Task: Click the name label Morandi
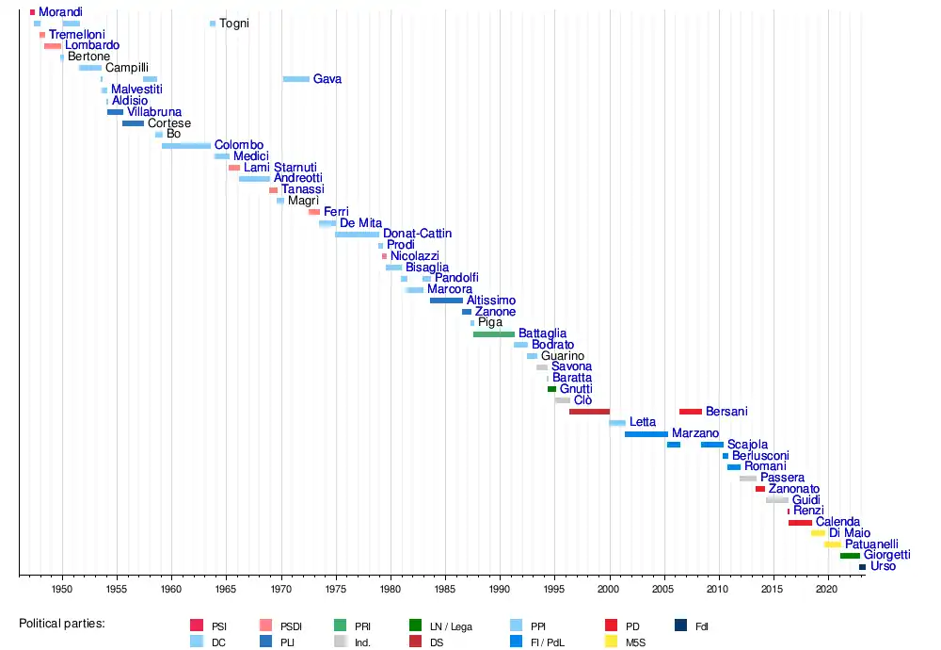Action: click(x=60, y=12)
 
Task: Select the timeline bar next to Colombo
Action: click(x=186, y=146)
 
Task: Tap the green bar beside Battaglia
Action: click(x=494, y=334)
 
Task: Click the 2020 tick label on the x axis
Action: click(x=827, y=589)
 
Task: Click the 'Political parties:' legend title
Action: click(x=62, y=624)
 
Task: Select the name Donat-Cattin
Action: click(x=417, y=234)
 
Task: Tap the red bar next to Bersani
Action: click(x=691, y=412)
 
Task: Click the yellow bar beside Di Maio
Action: click(x=818, y=533)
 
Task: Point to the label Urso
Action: click(x=883, y=566)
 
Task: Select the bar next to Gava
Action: click(x=296, y=79)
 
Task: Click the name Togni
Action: click(x=233, y=24)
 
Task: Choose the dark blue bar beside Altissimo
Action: click(x=446, y=301)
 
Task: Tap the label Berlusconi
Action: click(x=760, y=456)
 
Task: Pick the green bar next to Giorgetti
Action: click(x=850, y=556)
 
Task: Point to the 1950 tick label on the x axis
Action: click(x=62, y=589)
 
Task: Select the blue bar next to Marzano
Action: click(x=646, y=434)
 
